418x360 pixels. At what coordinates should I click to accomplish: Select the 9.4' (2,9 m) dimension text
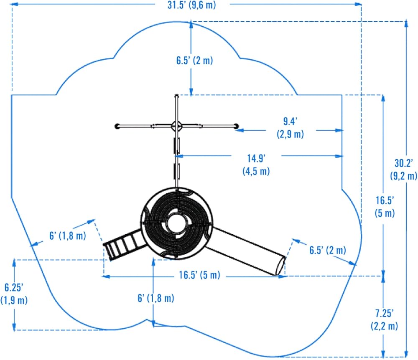tap(290, 128)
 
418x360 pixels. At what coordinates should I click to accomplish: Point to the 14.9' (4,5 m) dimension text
tap(256, 164)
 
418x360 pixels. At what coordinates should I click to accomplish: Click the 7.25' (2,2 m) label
tap(384, 319)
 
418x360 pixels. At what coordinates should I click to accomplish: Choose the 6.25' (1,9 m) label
tap(14, 294)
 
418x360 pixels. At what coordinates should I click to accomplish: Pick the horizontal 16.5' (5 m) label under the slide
tap(199, 276)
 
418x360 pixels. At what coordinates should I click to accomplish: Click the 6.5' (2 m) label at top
tap(194, 60)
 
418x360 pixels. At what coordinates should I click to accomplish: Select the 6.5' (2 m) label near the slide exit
tap(327, 251)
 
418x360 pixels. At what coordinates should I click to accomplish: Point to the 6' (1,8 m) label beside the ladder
tap(67, 236)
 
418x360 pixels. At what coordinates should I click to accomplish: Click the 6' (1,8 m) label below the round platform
tap(155, 298)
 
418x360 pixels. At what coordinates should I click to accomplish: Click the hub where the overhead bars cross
tap(176, 125)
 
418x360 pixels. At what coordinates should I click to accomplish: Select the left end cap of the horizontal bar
tap(117, 125)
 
